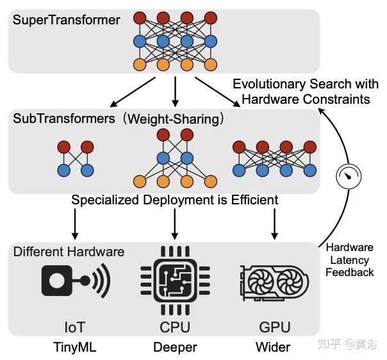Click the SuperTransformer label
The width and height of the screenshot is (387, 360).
pos(65,20)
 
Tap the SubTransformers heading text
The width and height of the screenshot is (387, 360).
pos(58,119)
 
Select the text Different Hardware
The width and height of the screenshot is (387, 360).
pos(69,251)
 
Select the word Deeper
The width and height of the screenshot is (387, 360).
pos(174,348)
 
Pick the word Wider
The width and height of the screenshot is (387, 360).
pos(273,348)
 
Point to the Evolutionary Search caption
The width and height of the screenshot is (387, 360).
pos(301,92)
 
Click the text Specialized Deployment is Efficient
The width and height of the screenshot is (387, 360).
pos(174,200)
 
